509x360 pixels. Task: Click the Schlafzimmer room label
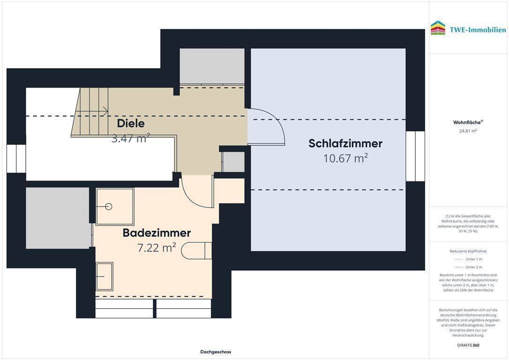pos(345,143)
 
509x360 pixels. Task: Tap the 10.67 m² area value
pos(345,158)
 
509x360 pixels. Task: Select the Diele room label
pos(131,124)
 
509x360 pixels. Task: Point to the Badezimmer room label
pos(157,233)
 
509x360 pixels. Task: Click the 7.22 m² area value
pos(157,248)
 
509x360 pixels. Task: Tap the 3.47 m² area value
pos(131,138)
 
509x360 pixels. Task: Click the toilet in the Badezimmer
pos(196,251)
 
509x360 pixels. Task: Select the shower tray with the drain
pos(115,206)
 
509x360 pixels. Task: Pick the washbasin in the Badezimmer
pos(105,276)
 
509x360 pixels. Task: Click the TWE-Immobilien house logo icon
pos(438,28)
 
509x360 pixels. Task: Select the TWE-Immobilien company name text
pos(478,30)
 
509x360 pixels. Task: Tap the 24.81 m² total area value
pos(468,131)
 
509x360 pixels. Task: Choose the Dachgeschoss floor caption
pos(216,352)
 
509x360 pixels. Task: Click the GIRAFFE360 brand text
pos(468,345)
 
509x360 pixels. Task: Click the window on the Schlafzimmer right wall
pos(415,156)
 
